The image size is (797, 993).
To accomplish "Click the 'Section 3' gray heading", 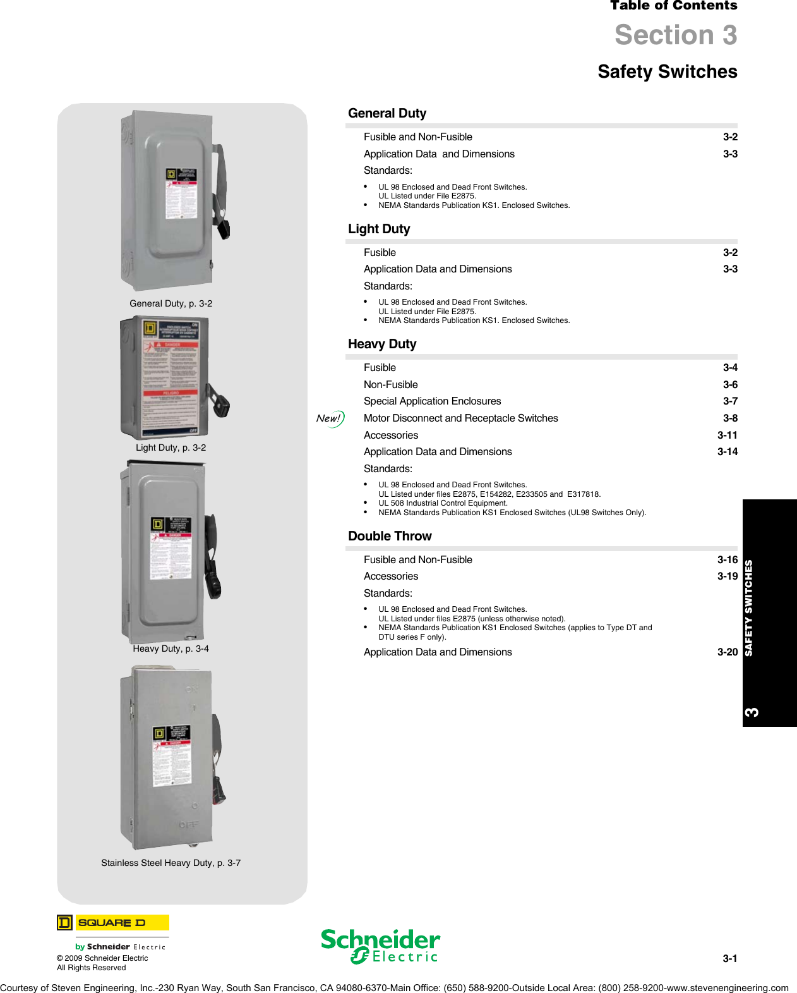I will tap(675, 35).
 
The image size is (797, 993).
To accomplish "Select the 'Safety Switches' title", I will tap(667, 71).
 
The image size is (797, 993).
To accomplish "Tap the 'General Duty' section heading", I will tap(387, 113).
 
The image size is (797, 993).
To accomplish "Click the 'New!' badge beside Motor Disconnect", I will tap(330, 418).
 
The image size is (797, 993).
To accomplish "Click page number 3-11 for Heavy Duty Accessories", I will tap(727, 435).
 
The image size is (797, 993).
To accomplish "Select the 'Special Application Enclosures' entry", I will tap(432, 401).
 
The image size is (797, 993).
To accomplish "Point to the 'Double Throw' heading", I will tap(390, 536).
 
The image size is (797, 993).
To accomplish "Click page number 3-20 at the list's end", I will tap(727, 652).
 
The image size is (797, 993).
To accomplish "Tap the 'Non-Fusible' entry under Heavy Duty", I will tap(390, 384).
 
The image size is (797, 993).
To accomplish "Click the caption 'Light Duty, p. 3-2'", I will tap(171, 448).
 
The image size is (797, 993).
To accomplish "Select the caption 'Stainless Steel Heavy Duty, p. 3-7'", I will tap(171, 863).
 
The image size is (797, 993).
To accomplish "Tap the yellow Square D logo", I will tap(113, 923).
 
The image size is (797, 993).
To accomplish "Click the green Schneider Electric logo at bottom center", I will tap(380, 946).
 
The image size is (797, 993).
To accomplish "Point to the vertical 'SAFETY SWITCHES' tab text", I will tap(749, 607).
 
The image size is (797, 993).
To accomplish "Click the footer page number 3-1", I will tap(729, 958).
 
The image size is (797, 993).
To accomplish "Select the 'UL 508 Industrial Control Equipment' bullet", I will tap(443, 503).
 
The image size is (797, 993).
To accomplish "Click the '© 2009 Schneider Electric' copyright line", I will tap(102, 958).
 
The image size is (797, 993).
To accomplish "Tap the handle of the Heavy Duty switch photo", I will tap(213, 556).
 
